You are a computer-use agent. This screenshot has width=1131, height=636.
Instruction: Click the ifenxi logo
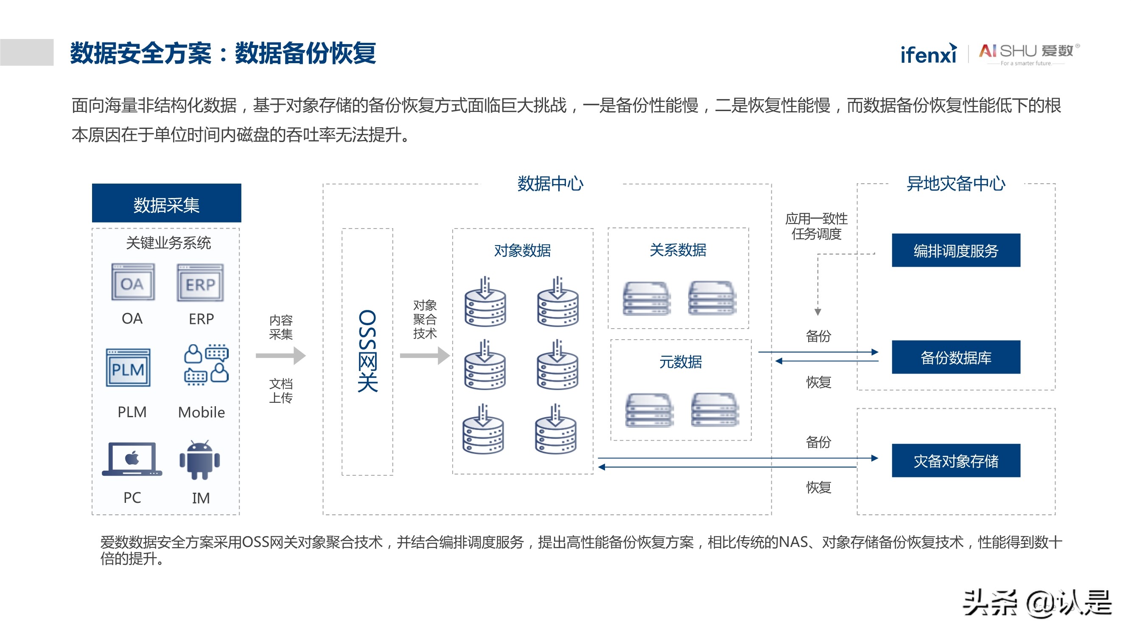928,54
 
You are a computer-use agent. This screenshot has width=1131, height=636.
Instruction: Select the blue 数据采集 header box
166,203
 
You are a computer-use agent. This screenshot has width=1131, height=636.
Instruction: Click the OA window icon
133,282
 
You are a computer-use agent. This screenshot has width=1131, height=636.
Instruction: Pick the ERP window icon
200,283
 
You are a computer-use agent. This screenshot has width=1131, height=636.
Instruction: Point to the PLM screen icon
128,368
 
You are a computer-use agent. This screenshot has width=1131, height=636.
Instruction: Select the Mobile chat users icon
206,364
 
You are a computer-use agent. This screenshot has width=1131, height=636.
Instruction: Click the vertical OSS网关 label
367,351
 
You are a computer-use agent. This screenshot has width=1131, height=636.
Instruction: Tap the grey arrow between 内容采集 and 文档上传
280,356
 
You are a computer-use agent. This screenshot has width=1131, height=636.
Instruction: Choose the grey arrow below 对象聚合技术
425,356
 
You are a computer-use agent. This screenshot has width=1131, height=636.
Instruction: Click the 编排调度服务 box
955,251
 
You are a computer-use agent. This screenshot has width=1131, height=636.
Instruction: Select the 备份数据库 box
955,357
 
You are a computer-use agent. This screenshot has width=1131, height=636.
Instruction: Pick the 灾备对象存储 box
955,461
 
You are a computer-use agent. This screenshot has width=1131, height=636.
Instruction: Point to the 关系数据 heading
677,250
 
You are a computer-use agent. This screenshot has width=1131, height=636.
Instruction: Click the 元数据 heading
680,362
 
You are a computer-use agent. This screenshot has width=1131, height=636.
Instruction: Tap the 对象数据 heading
522,251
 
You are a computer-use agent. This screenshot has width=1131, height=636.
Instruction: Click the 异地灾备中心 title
955,184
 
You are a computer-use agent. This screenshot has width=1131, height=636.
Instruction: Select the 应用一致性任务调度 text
816,226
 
